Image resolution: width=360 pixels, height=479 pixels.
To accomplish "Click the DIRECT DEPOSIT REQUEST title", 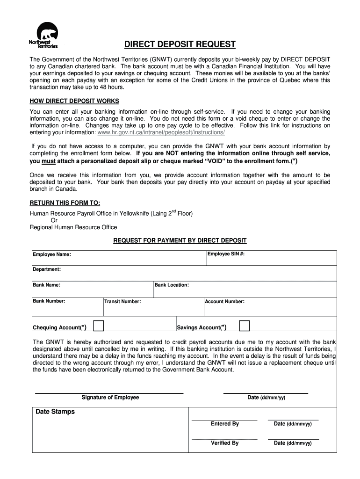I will [x=180, y=44].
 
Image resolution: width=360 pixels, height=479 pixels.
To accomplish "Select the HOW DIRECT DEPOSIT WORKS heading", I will [x=74, y=101].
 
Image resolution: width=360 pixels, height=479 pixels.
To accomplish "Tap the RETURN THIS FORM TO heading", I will [x=65, y=203].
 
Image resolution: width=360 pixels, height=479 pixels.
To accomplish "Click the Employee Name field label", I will [x=51, y=254].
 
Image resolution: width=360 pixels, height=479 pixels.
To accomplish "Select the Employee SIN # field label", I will [x=226, y=254].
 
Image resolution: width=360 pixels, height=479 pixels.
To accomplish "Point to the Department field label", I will [x=46, y=269].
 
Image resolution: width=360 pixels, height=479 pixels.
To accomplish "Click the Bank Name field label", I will [x=46, y=285].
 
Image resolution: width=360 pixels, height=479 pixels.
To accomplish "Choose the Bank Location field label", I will [x=172, y=285].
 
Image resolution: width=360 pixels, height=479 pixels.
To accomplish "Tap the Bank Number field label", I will [x=49, y=301].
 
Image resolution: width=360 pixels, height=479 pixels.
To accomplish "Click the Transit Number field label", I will [x=122, y=302].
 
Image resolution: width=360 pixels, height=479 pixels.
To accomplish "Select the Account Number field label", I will [x=224, y=302].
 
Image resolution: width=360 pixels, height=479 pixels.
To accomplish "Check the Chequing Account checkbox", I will [x=98, y=326].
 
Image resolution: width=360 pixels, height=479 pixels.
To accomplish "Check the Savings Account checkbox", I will [x=244, y=326].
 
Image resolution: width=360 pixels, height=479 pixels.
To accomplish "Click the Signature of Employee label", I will [x=110, y=398].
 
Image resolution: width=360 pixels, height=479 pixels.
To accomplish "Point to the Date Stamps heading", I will [x=55, y=412].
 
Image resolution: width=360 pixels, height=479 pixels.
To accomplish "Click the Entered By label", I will [x=224, y=424].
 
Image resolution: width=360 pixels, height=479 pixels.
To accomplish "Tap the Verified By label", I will [x=224, y=443].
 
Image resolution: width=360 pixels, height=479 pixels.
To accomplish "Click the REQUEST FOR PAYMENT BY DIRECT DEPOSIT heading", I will [x=180, y=240].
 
